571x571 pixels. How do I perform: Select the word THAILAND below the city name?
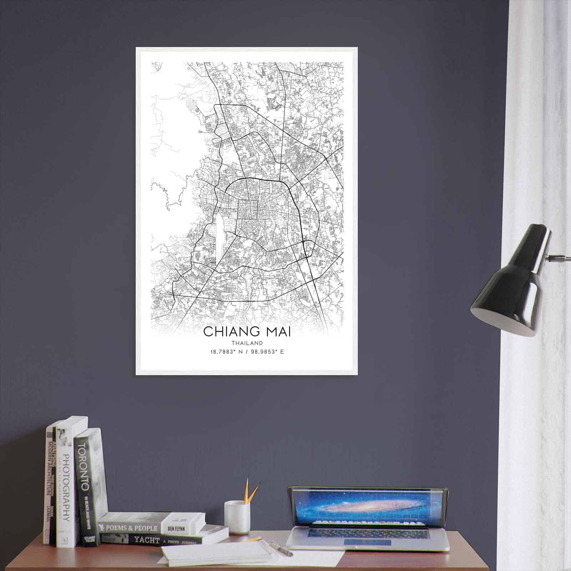[247, 343]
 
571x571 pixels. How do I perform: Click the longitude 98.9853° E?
[267, 352]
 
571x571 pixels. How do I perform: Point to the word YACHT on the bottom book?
[146, 540]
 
